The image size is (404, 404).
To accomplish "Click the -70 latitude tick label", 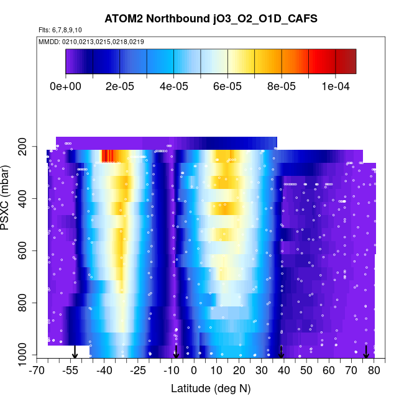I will click(x=37, y=371).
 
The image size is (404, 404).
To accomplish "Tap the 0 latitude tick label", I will click(x=194, y=371).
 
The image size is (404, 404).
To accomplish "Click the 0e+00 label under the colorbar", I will click(x=65, y=86).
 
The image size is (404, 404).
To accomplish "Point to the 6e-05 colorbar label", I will click(x=227, y=86).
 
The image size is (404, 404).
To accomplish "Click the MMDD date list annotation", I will click(x=91, y=42).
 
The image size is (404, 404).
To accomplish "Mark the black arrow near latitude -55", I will click(x=75, y=352).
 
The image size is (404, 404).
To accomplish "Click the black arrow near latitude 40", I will click(x=282, y=352).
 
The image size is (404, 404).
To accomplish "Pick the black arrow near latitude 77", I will click(x=366, y=352).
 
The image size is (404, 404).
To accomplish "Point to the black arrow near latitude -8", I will click(x=176, y=352).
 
